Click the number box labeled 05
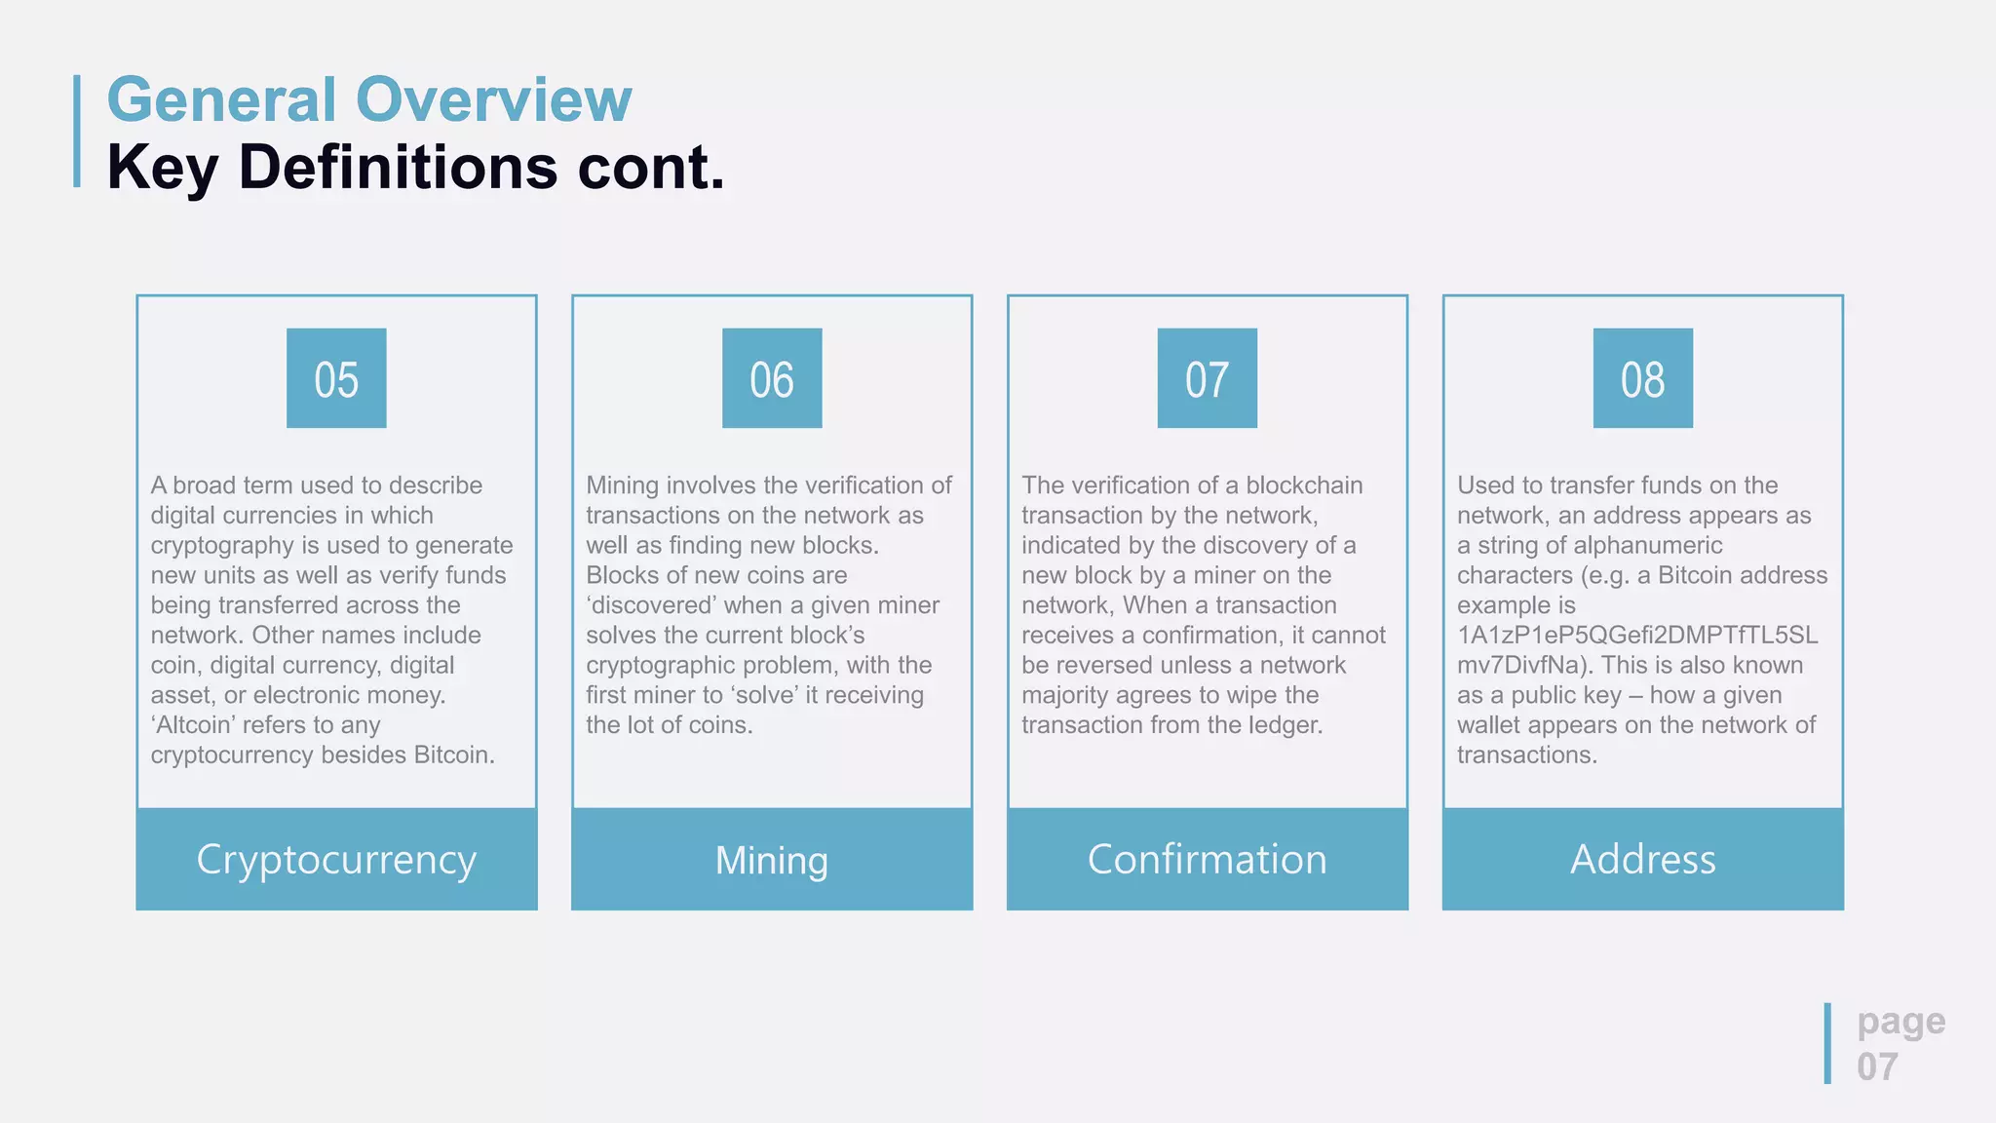(336, 378)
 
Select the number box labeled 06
(772, 378)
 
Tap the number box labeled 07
(1207, 378)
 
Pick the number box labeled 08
(1642, 378)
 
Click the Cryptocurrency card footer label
(336, 860)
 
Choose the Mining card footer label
(772, 860)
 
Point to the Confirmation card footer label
(1207, 860)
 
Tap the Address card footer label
(1642, 860)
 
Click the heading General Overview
(369, 99)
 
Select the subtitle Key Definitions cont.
(416, 168)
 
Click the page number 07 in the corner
(1877, 1067)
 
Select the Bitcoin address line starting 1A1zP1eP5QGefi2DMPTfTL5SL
(1637, 636)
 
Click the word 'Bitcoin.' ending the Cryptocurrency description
(454, 755)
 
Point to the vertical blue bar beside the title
(77, 131)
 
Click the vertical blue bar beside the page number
(1827, 1043)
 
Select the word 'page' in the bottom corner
(1900, 1022)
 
